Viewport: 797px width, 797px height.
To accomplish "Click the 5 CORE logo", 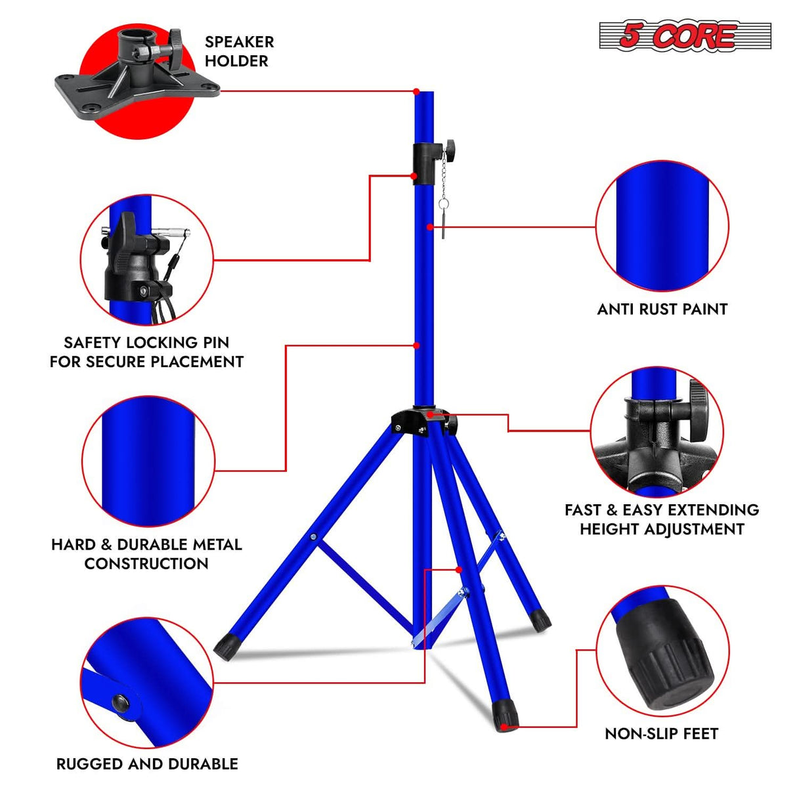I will (x=685, y=35).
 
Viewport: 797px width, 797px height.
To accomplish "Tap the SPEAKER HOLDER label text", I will (x=238, y=51).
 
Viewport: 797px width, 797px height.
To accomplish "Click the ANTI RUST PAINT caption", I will (x=662, y=309).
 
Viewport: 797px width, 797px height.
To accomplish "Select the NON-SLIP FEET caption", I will (x=661, y=733).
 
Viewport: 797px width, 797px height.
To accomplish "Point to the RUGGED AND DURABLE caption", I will (x=147, y=764).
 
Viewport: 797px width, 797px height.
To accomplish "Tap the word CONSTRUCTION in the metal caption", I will (x=146, y=563).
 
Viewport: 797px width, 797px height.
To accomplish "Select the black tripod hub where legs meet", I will (x=420, y=420).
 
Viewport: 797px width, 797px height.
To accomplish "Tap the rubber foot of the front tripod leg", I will (x=505, y=714).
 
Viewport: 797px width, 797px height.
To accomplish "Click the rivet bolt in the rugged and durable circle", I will (x=121, y=702).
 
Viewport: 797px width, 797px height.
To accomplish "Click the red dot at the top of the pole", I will (x=416, y=91).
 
